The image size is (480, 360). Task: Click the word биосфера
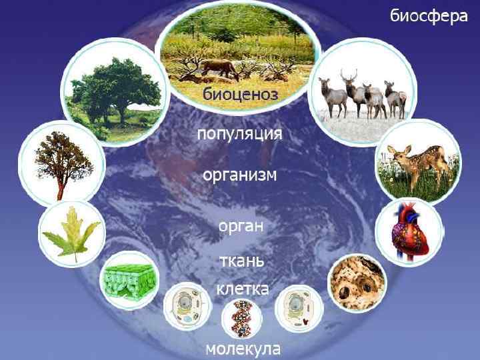(x=428, y=16)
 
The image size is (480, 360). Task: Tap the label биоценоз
(x=239, y=95)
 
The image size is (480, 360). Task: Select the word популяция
(x=239, y=134)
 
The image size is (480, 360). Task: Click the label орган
(x=241, y=225)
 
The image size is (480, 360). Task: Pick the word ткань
(x=242, y=261)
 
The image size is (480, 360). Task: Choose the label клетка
(x=242, y=289)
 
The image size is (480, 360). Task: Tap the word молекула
(x=242, y=349)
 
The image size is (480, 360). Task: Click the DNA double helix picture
(x=241, y=318)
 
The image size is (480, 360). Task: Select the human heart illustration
(x=408, y=231)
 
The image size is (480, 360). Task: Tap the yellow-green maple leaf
(x=70, y=234)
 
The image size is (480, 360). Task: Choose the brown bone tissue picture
(x=357, y=282)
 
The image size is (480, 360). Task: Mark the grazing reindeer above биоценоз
(x=220, y=67)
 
